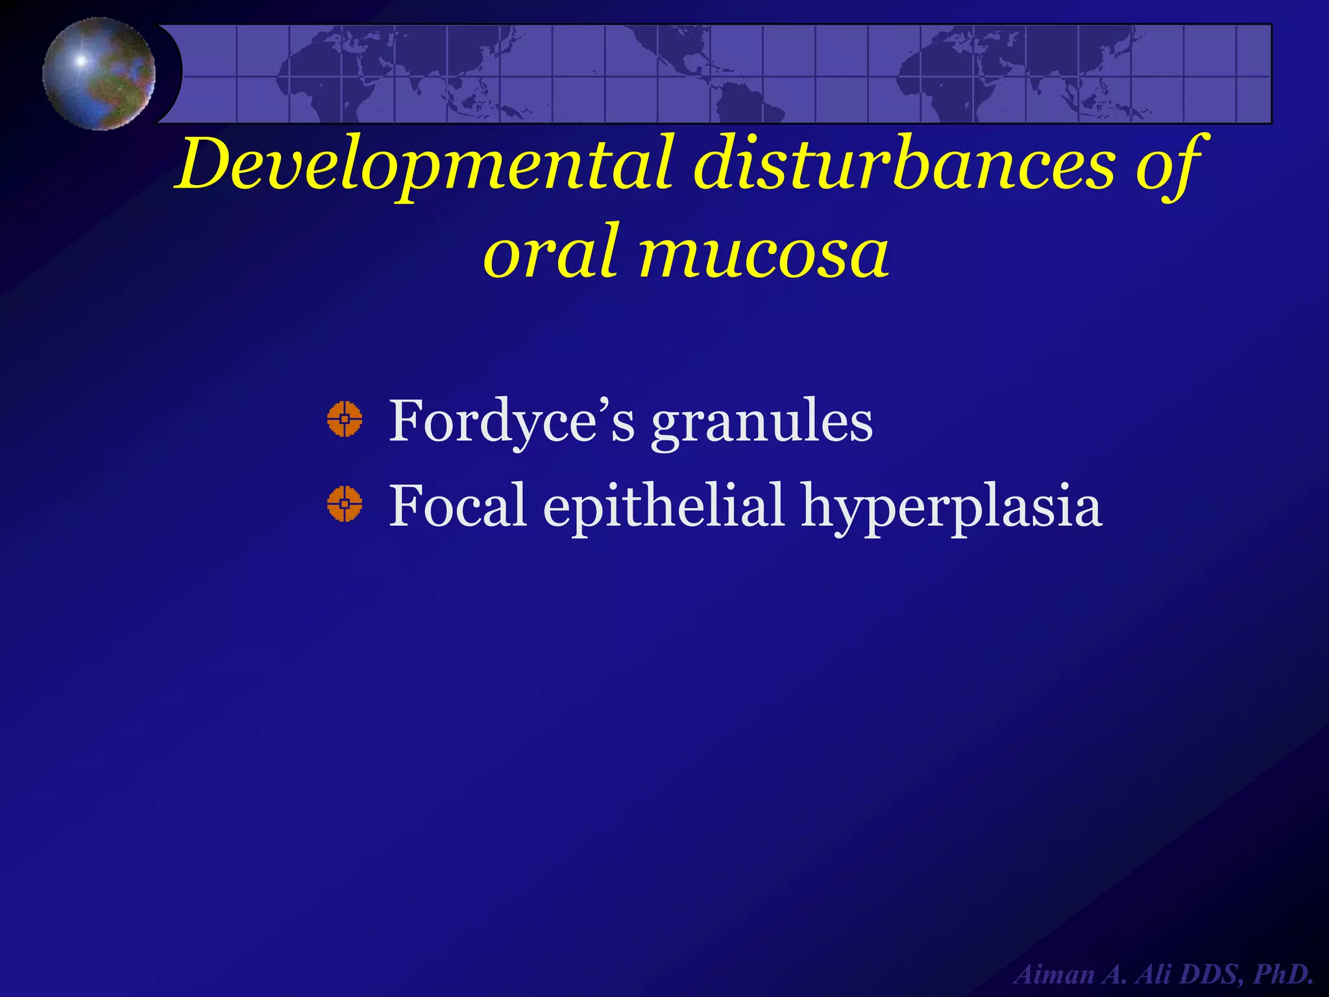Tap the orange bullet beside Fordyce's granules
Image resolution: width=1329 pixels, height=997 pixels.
(344, 419)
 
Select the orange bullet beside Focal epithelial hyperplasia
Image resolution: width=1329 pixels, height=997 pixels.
(344, 504)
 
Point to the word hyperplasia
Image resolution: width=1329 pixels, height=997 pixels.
(951, 506)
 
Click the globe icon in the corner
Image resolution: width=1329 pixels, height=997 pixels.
(99, 73)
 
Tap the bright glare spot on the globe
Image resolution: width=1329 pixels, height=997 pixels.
(81, 61)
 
